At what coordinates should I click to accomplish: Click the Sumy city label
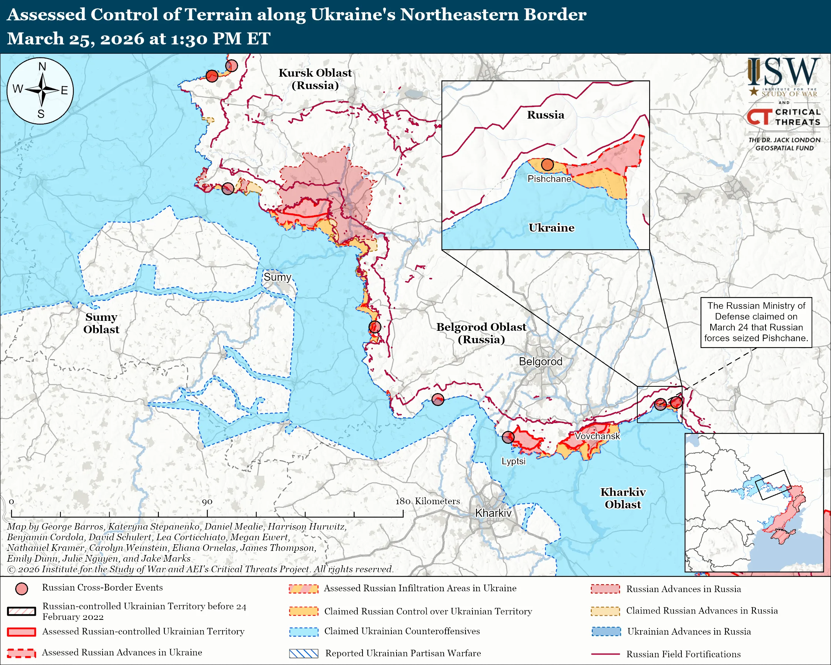[x=277, y=277]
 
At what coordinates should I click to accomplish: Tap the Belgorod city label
[x=540, y=362]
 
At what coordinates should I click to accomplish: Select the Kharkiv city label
[x=493, y=513]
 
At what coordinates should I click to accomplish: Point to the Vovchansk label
[x=597, y=436]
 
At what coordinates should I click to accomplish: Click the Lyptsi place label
[x=513, y=461]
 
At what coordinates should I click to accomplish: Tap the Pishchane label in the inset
[x=549, y=179]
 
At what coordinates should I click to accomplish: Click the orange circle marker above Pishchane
[x=547, y=165]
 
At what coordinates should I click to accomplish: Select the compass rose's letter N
[x=42, y=67]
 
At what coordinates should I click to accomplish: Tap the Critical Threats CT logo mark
[x=759, y=117]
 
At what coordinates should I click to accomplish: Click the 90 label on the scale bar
[x=207, y=502]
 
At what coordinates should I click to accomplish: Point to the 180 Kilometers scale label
[x=427, y=501]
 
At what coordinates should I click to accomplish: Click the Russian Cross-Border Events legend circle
[x=21, y=589]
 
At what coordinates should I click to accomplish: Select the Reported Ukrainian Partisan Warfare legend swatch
[x=303, y=654]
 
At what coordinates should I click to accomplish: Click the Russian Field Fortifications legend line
[x=605, y=654]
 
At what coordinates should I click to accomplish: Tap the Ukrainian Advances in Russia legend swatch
[x=606, y=631]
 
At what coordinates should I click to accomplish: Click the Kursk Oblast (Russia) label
[x=315, y=79]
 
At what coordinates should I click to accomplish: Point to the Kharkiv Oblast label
[x=623, y=498]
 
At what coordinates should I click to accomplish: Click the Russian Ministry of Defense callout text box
[x=756, y=322]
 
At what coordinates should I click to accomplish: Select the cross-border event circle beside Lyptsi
[x=508, y=437]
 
